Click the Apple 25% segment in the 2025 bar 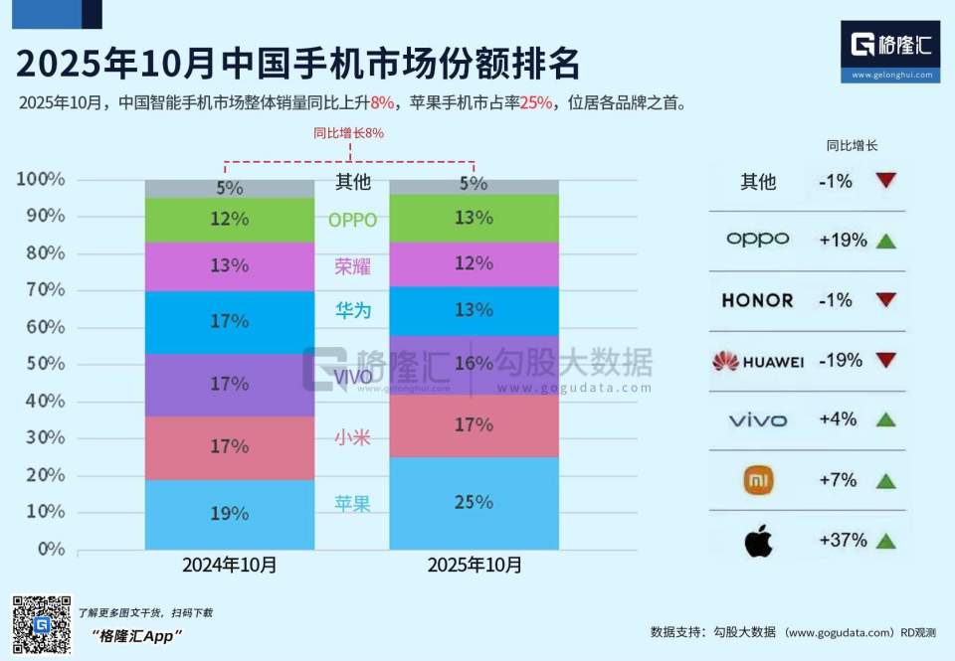474,503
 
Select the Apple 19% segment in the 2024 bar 229,514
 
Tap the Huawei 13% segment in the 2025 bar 474,310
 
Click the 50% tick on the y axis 40,364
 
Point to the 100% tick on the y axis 40,180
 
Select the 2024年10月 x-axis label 229,565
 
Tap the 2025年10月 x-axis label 474,565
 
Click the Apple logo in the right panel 758,541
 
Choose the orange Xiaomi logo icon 758,481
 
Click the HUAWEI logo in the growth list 758,361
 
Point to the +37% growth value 842,541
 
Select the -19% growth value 840,361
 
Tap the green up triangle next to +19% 886,241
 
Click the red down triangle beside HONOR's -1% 886,300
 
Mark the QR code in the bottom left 41,625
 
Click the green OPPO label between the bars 352,221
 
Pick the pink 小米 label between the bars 352,437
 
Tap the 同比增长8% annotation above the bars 348,132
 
